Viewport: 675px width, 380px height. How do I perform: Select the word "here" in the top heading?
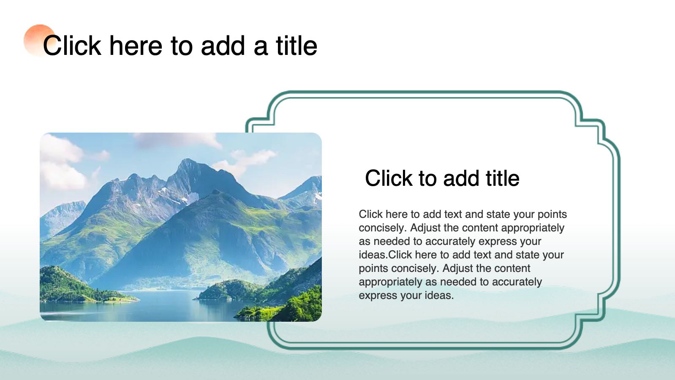136,46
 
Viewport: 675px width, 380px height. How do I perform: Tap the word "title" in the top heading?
297,46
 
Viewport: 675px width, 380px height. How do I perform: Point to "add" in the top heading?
223,46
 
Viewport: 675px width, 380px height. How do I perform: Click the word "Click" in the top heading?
72,46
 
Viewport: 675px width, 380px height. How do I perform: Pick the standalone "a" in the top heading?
261,46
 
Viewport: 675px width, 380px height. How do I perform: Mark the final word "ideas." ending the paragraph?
439,296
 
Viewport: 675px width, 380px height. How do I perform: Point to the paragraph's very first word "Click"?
370,214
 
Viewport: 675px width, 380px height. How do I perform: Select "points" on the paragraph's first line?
552,214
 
